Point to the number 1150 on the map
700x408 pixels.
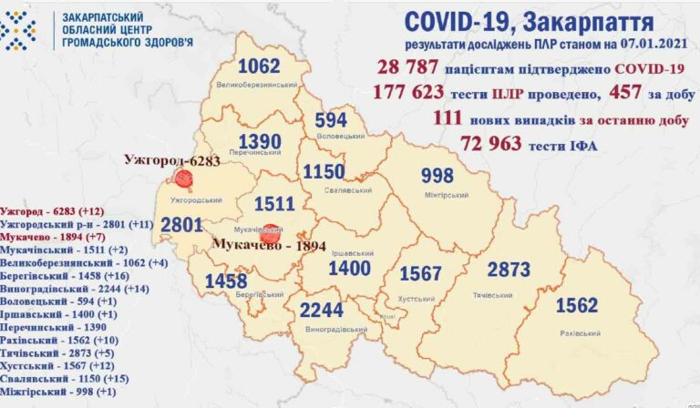coord(324,172)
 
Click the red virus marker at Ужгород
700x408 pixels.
coord(184,178)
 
